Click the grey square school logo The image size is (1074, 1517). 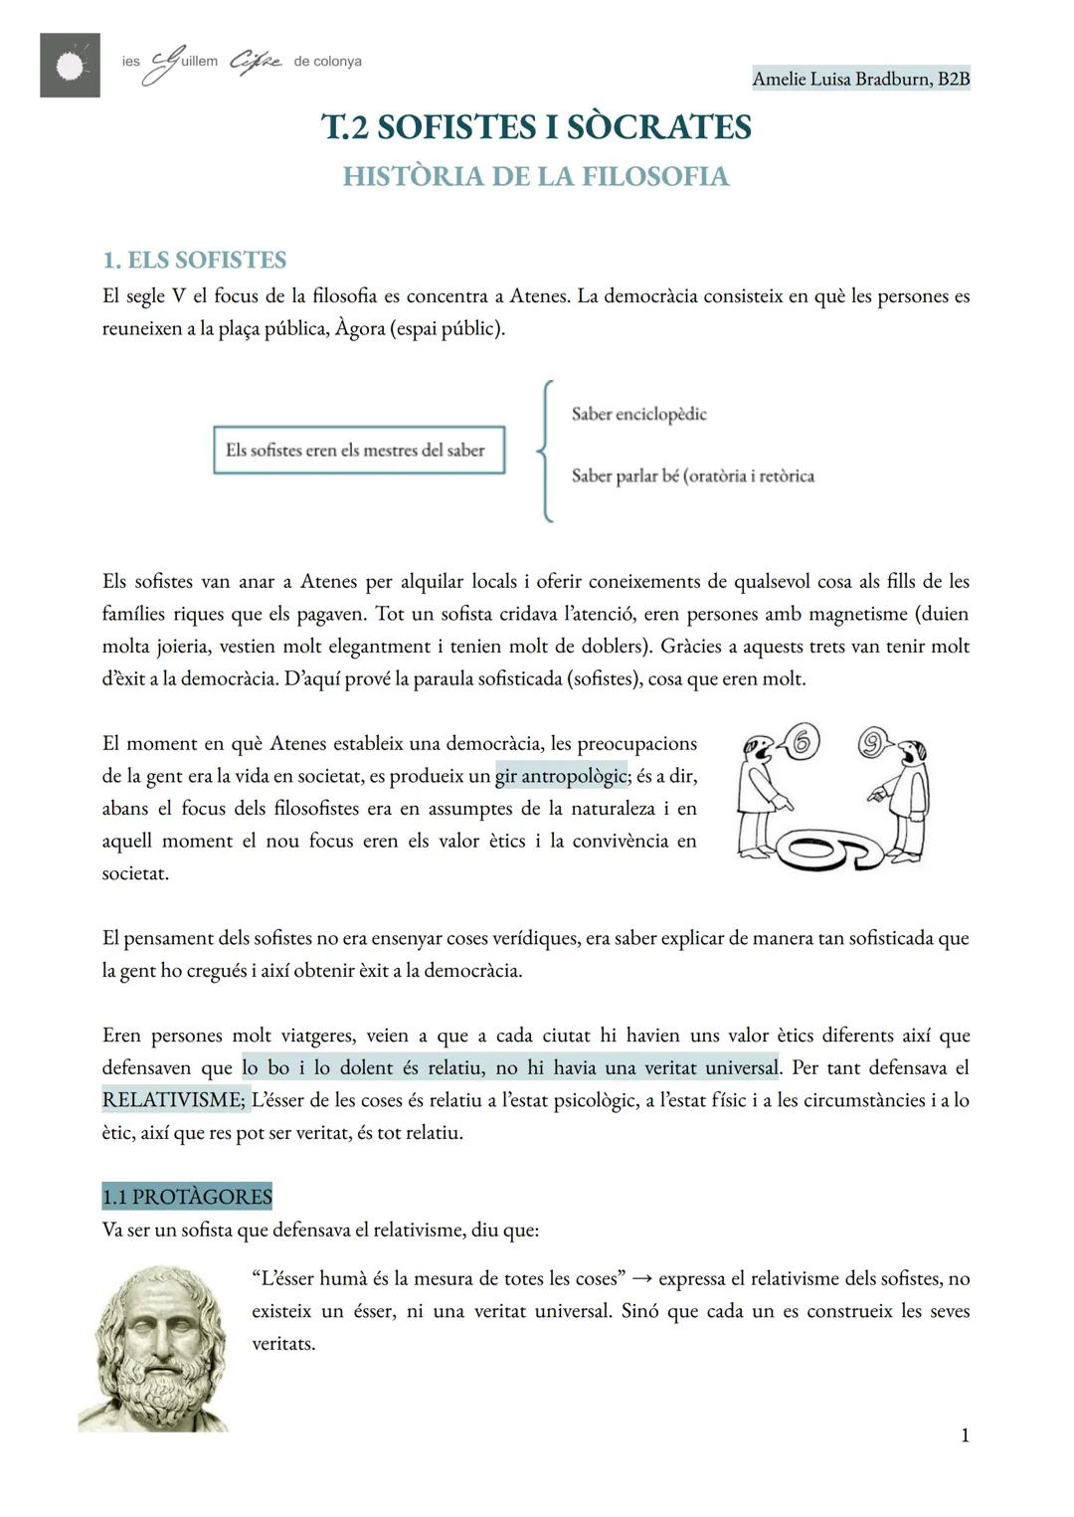(x=70, y=65)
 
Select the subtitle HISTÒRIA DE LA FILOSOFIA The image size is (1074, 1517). (x=536, y=176)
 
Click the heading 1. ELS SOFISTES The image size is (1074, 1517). (x=194, y=260)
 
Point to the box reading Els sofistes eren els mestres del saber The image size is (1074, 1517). (x=358, y=450)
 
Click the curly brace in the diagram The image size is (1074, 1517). (x=544, y=450)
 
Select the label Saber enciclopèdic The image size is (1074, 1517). (x=638, y=414)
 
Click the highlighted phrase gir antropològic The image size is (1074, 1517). (x=561, y=775)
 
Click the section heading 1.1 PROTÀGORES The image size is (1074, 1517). (x=187, y=1196)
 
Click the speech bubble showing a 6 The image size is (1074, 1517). (x=803, y=741)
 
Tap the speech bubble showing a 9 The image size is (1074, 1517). (x=874, y=742)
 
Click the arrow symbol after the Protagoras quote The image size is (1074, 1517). (x=641, y=1278)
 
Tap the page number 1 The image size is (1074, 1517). (x=964, y=1435)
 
